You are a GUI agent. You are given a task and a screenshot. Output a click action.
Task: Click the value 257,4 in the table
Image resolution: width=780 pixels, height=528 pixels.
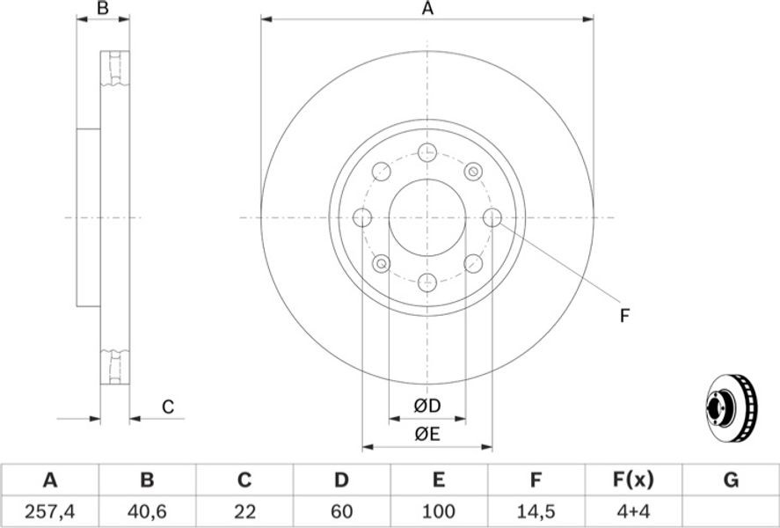50,511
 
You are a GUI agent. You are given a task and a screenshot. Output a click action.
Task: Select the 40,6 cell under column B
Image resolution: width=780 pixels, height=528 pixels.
147,511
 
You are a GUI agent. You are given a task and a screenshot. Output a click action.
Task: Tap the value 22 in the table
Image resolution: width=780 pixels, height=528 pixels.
244,511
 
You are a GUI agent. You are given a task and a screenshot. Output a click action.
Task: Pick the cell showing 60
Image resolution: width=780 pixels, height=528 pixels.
341,511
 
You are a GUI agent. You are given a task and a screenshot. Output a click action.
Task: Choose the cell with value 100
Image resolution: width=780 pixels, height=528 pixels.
438,511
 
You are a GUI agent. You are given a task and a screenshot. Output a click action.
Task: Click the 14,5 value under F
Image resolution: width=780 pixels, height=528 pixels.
536,511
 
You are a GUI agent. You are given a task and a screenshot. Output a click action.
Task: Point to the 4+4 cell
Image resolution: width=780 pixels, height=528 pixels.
633,511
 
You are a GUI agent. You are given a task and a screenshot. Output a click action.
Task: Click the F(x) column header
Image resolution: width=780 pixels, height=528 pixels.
633,480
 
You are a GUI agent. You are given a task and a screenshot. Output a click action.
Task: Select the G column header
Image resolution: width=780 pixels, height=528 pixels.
731,480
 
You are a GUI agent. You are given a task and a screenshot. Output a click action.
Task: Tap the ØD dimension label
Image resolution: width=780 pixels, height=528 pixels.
427,406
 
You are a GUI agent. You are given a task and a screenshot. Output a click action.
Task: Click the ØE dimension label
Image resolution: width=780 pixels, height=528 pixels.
427,435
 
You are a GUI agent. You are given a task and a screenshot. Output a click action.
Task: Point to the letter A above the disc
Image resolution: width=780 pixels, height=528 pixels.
427,8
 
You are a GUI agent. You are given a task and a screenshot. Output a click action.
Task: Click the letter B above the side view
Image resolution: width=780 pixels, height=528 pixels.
103,8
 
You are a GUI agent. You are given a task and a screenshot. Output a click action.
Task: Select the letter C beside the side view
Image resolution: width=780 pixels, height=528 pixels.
168,407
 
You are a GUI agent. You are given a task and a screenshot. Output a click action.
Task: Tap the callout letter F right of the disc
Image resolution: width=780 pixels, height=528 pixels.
625,316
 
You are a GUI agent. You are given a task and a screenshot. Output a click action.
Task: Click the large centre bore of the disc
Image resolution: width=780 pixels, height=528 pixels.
427,217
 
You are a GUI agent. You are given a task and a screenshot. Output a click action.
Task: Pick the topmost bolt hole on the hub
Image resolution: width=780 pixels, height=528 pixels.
427,152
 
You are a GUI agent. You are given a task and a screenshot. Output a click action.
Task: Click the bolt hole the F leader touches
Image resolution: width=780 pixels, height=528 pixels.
492,217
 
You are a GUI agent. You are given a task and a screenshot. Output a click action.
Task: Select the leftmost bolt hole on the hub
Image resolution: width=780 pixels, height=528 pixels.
362,217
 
